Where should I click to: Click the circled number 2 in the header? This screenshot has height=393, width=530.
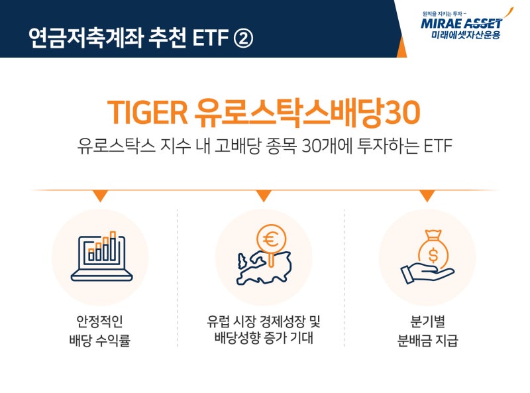coord(243,38)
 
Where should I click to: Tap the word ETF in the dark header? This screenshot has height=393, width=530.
coord(211,38)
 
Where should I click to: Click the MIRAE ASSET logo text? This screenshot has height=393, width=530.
coord(461,23)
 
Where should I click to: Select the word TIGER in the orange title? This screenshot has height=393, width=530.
coord(148,112)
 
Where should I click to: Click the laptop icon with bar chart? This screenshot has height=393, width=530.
coord(101,256)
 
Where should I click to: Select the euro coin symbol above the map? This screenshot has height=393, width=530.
coord(271,239)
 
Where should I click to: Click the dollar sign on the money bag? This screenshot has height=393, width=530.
coord(433,255)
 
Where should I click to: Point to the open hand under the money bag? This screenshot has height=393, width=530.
coord(427,273)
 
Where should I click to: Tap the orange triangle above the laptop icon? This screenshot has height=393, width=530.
coord(100,196)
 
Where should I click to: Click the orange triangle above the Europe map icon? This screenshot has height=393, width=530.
coord(264,196)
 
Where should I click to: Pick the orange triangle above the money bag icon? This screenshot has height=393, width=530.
coord(427,196)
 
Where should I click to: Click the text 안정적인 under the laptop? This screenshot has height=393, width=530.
coord(100,321)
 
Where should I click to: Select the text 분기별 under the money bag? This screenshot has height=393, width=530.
coord(427,321)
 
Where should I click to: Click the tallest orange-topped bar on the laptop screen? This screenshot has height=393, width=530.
coord(113,246)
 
